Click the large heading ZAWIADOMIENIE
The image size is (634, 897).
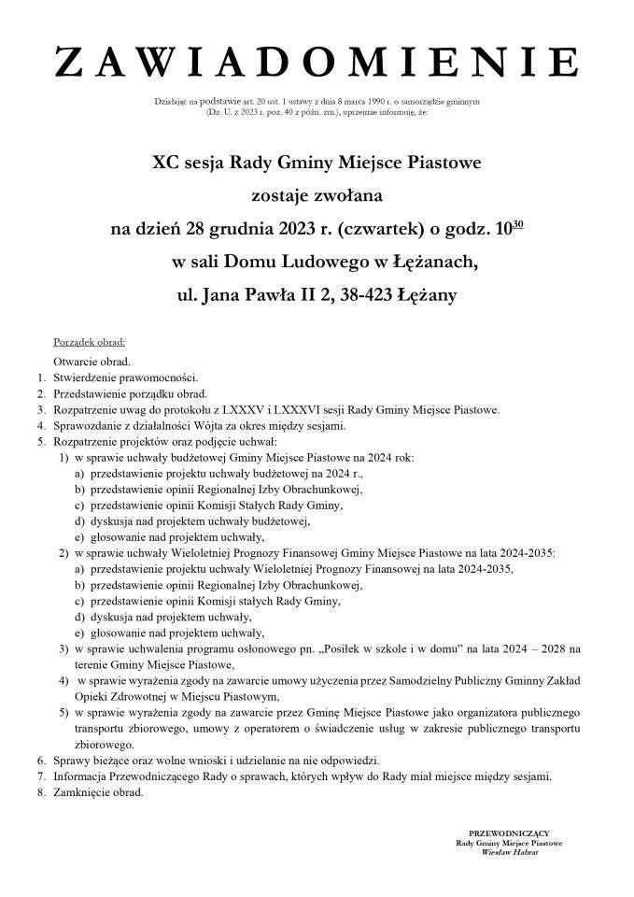click(317, 64)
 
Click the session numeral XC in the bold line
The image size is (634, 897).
click(166, 164)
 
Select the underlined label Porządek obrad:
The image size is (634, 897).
click(90, 342)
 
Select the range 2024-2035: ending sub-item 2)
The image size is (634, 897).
click(528, 552)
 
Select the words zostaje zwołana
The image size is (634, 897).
click(317, 196)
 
